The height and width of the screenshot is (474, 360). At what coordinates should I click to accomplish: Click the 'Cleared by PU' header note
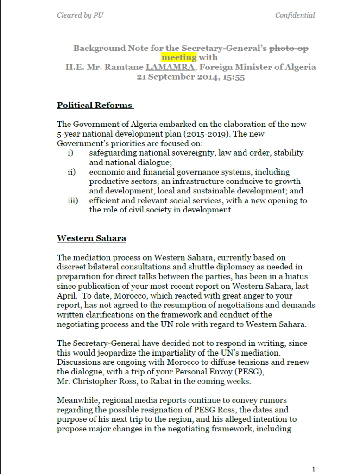point(80,15)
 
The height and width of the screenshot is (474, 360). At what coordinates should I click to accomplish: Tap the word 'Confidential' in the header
point(295,15)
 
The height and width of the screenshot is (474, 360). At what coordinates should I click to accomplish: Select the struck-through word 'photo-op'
point(289,48)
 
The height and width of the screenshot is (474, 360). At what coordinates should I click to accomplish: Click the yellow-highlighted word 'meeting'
point(179,57)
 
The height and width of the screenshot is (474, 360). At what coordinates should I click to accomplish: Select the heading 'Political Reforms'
point(95,105)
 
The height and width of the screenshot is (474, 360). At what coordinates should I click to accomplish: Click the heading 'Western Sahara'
point(91,238)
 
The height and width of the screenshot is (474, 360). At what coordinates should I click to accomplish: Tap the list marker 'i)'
point(70,153)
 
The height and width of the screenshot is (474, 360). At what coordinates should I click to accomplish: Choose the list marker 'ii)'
point(71,172)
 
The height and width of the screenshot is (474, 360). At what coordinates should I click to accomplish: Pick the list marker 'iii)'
point(72,201)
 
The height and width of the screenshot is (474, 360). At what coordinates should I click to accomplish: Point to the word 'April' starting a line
point(67,296)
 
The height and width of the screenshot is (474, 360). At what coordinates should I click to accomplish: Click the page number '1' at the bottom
point(314,469)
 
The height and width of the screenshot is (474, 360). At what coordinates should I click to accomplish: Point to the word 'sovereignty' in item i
point(177,153)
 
